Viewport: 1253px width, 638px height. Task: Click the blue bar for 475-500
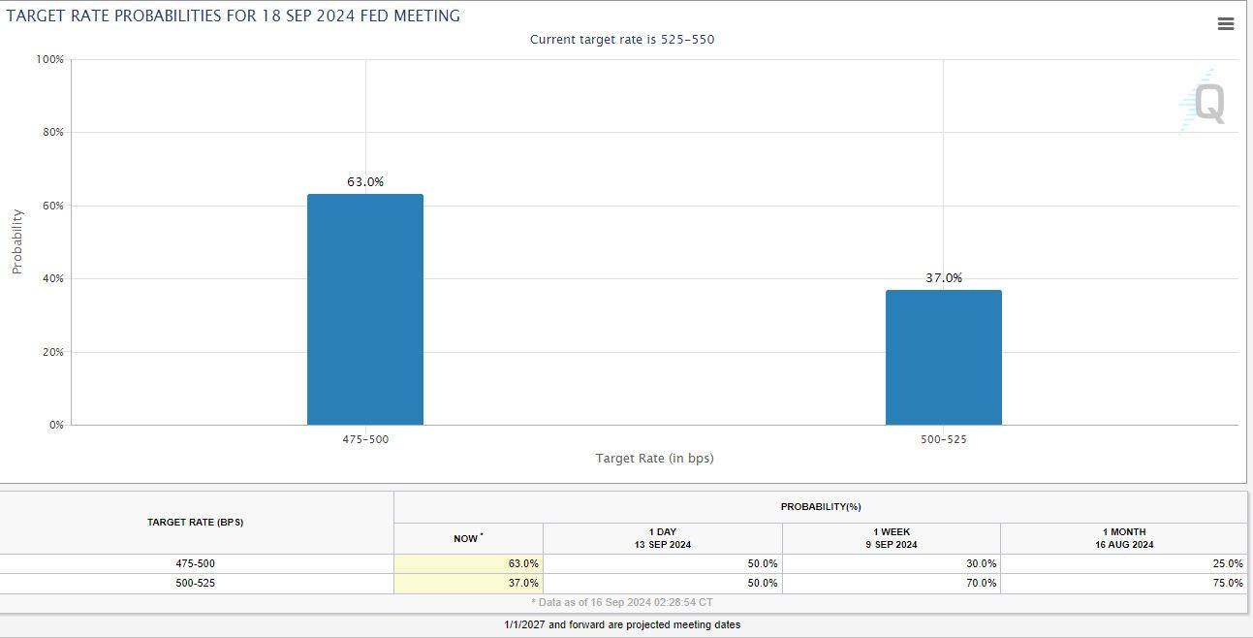pyautogui.click(x=365, y=309)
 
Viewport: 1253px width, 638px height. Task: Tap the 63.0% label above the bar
pyautogui.click(x=365, y=181)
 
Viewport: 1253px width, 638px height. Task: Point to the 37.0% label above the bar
pyautogui.click(x=943, y=277)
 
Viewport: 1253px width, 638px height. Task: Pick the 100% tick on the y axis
pyautogui.click(x=48, y=59)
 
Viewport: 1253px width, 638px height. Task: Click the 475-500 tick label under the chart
pyautogui.click(x=365, y=439)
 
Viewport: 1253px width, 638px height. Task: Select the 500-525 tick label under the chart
pyautogui.click(x=943, y=439)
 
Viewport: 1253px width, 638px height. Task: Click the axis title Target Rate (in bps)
pyautogui.click(x=654, y=458)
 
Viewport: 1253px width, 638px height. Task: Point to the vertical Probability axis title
pyautogui.click(x=16, y=241)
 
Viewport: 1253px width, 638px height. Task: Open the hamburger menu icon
pyautogui.click(x=1225, y=24)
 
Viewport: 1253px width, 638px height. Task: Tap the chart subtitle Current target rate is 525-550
pyautogui.click(x=621, y=40)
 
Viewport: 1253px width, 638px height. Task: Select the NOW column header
pyautogui.click(x=468, y=538)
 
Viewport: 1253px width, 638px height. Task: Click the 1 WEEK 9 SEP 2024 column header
pyautogui.click(x=891, y=538)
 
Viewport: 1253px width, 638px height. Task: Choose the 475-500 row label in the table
pyautogui.click(x=195, y=563)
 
